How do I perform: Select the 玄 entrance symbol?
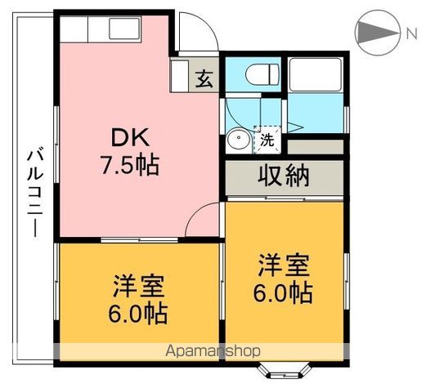[203, 79]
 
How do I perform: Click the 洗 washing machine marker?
[267, 140]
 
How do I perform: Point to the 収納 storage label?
[284, 176]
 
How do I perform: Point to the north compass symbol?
[377, 32]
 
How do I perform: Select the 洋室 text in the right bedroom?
[285, 265]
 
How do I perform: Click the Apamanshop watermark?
[213, 350]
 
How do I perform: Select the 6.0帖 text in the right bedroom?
[285, 292]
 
